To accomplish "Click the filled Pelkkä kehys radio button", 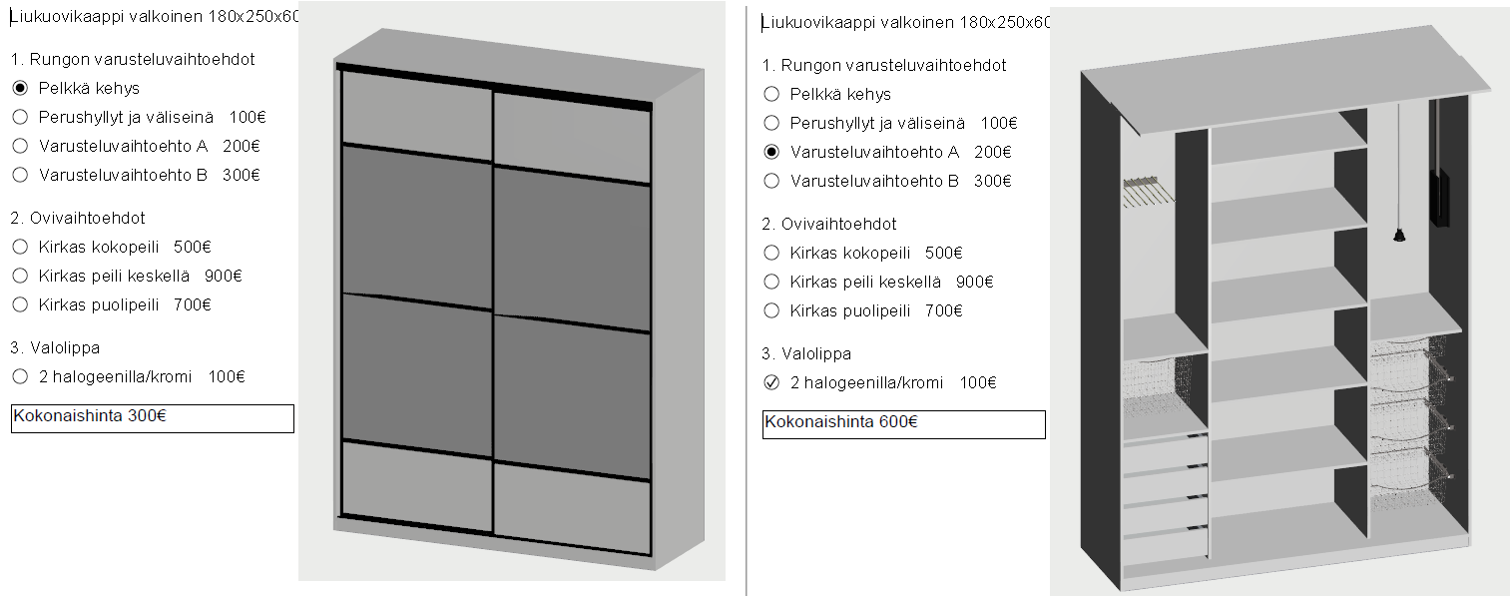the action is tap(20, 88).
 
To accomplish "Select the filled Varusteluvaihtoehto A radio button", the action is tap(771, 152).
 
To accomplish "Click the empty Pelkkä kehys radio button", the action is tap(771, 94).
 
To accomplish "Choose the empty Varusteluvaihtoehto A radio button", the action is tap(20, 146).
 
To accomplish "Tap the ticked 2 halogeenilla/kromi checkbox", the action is tap(771, 382).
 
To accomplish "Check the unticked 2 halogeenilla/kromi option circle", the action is tap(20, 376).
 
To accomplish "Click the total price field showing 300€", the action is tap(153, 418).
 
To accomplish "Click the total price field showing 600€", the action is tap(904, 424).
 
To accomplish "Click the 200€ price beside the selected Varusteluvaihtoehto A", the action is tap(992, 152).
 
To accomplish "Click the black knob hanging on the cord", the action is tap(1399, 235).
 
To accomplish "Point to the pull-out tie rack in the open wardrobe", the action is tap(1149, 190).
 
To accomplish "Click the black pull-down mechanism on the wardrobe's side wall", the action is tap(1438, 163).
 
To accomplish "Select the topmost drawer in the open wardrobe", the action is tap(1164, 454).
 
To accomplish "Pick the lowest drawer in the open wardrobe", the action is tap(1164, 546).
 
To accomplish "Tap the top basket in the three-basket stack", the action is tap(1409, 363).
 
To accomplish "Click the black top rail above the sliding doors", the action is tap(494, 85).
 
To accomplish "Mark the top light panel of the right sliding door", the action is tap(572, 138).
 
